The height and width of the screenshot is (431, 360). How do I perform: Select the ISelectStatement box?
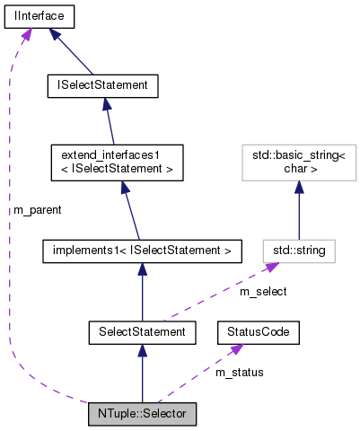(102, 85)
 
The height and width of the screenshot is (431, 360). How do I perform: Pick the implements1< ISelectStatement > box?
(143, 250)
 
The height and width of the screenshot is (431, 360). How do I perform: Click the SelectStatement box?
(143, 333)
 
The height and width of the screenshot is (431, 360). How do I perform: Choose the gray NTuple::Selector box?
(142, 415)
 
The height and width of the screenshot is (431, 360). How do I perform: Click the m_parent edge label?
(37, 209)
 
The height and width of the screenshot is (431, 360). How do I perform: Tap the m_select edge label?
(261, 292)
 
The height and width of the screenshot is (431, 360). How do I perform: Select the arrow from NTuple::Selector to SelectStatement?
(143, 377)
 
